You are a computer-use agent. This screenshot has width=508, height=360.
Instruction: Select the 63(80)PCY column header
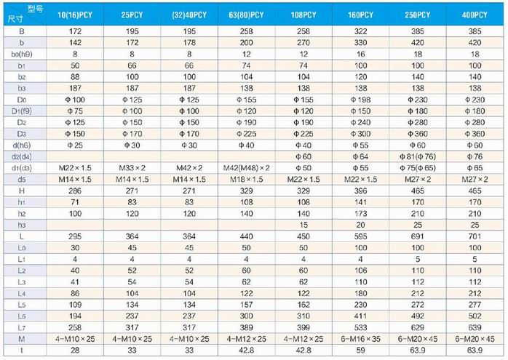pyautogui.click(x=246, y=15)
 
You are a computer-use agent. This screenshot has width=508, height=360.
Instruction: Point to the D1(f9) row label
pyautogui.click(x=22, y=110)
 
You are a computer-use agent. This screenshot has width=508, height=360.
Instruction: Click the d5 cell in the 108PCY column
pyautogui.click(x=303, y=179)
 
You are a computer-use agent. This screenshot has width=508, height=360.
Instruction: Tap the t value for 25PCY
pyautogui.click(x=132, y=351)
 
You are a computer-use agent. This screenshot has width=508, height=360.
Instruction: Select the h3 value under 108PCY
pyautogui.click(x=303, y=225)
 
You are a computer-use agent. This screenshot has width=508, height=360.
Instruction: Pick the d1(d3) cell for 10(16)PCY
pyautogui.click(x=74, y=168)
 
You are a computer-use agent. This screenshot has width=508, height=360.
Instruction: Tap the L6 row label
pyautogui.click(x=22, y=317)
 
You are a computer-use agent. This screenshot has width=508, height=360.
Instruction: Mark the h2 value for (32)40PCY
pyautogui.click(x=189, y=213)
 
